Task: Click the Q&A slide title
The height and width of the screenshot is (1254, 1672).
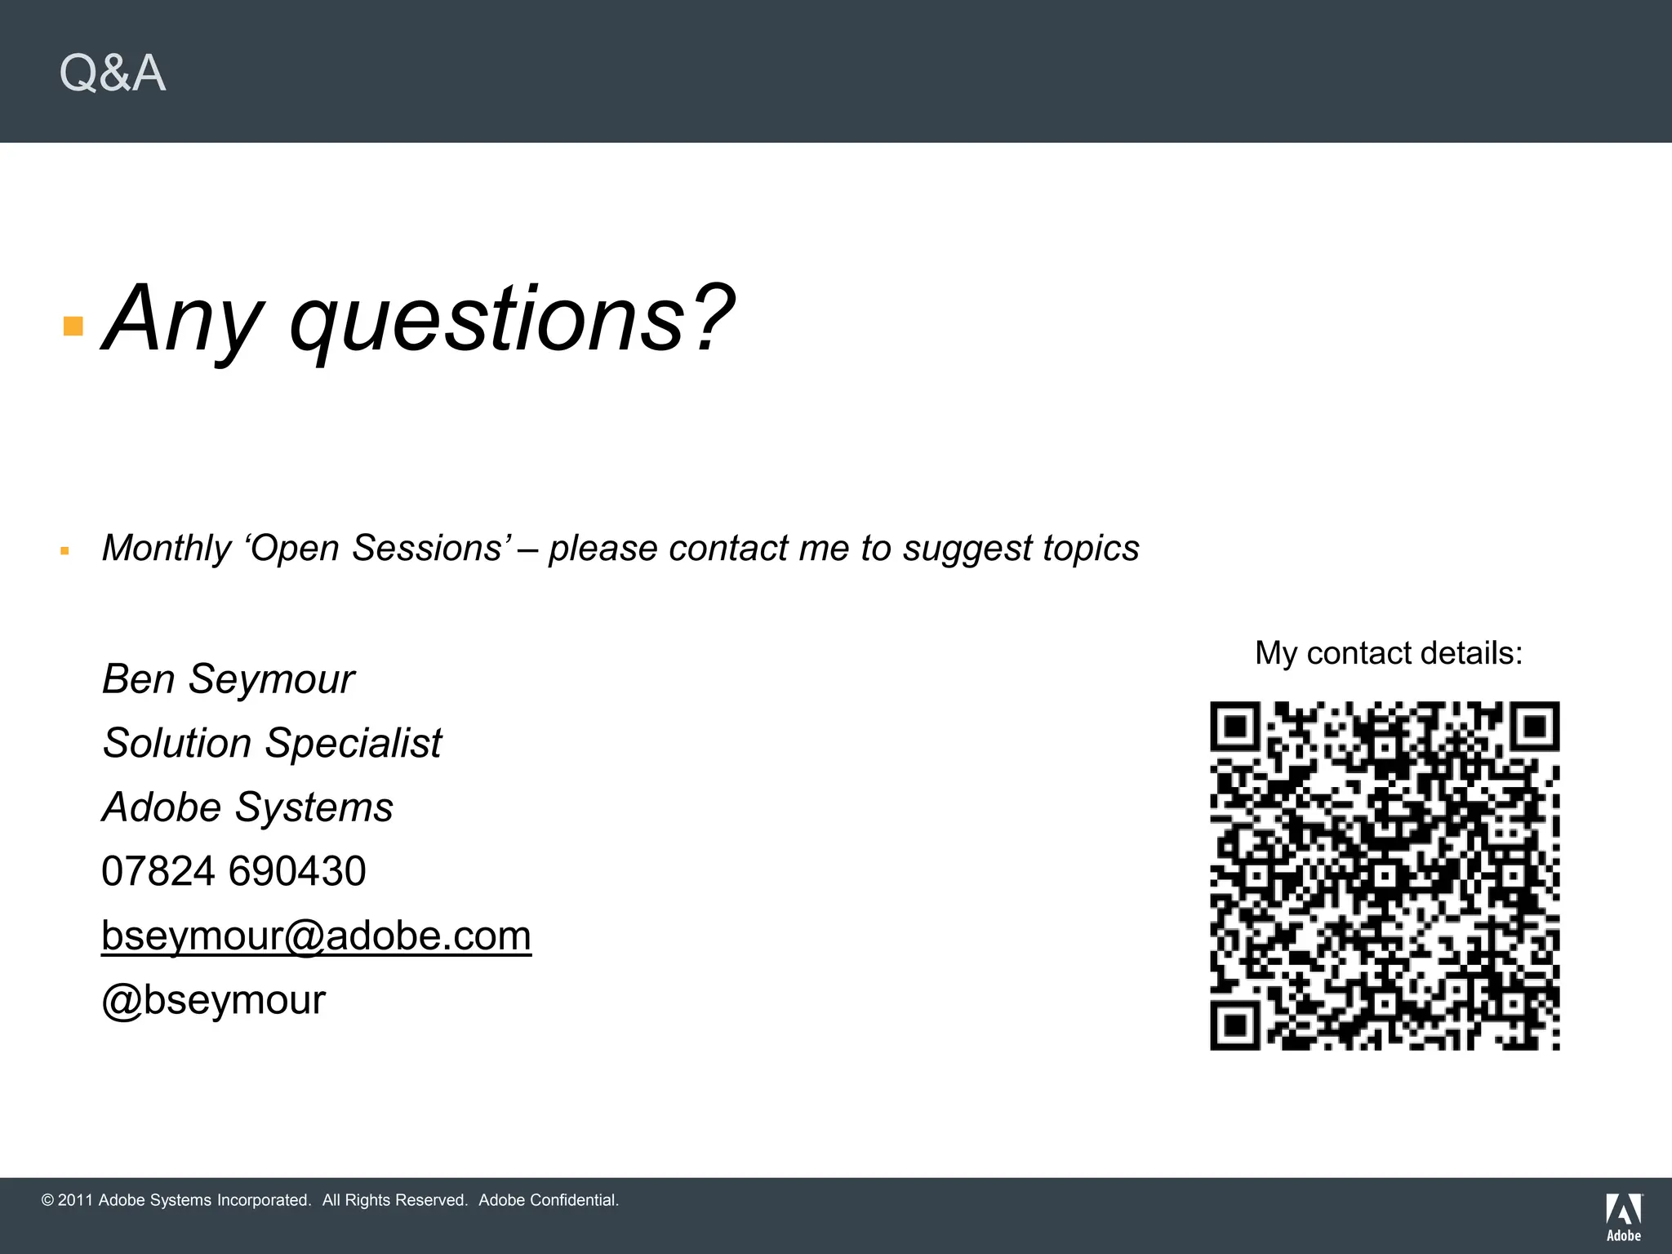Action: pyautogui.click(x=113, y=73)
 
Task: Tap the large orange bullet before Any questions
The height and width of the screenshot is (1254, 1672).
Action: pyautogui.click(x=73, y=327)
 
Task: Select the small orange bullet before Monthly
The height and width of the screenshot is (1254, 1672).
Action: pyautogui.click(x=65, y=552)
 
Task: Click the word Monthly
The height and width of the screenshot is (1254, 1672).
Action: pyautogui.click(x=167, y=549)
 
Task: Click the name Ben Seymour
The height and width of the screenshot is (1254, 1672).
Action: pyautogui.click(x=228, y=679)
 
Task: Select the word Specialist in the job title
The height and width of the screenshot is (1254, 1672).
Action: pyautogui.click(x=353, y=743)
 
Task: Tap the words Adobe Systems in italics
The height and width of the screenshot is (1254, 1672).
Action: pyautogui.click(x=247, y=807)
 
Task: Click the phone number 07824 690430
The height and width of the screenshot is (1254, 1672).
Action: pyautogui.click(x=233, y=871)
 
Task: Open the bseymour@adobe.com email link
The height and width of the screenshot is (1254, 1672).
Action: pyautogui.click(x=316, y=936)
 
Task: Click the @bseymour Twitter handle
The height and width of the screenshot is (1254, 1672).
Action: pyautogui.click(x=213, y=1000)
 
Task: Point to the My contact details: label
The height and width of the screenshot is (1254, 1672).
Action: pyautogui.click(x=1389, y=653)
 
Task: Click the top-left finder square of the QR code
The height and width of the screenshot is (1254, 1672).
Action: pyautogui.click(x=1236, y=727)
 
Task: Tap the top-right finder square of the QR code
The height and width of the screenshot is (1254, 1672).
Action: pyautogui.click(x=1534, y=727)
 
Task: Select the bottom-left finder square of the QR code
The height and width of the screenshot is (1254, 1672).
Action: pyautogui.click(x=1236, y=1024)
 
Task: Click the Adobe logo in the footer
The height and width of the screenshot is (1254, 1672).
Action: pyautogui.click(x=1624, y=1216)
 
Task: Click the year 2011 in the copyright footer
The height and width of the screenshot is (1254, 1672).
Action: pyautogui.click(x=75, y=1200)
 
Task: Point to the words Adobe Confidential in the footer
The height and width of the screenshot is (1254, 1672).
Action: pyautogui.click(x=549, y=1200)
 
